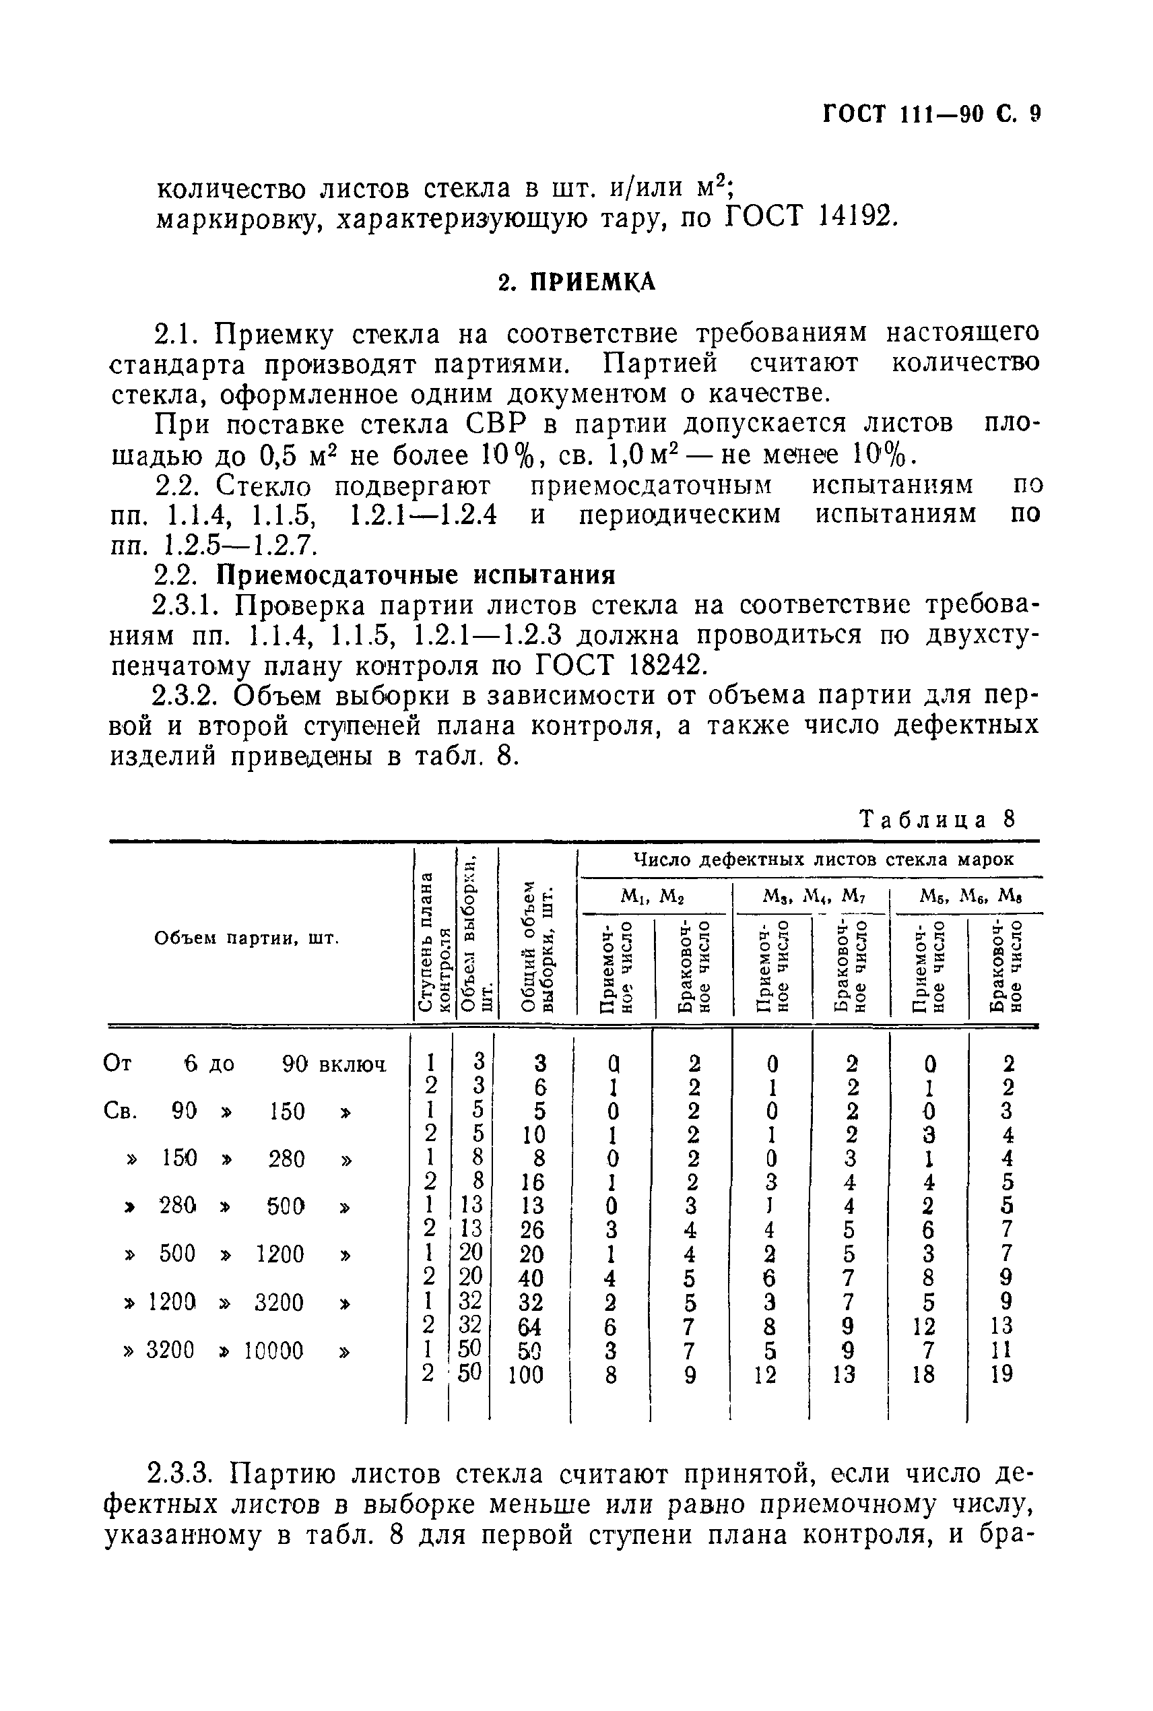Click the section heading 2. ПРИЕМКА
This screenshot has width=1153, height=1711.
point(576,282)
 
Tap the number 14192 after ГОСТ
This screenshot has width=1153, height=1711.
point(855,216)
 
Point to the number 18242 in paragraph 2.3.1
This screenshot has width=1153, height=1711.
point(665,665)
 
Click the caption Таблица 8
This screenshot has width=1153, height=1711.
point(937,819)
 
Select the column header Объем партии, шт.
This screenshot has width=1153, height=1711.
point(247,938)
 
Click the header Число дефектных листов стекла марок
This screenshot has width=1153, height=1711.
point(824,859)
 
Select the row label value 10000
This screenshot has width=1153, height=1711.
point(273,1351)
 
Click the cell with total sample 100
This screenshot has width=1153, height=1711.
point(526,1374)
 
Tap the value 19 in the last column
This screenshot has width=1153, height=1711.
point(1001,1374)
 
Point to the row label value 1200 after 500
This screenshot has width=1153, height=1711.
point(279,1254)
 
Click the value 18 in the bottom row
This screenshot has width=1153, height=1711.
point(923,1374)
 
